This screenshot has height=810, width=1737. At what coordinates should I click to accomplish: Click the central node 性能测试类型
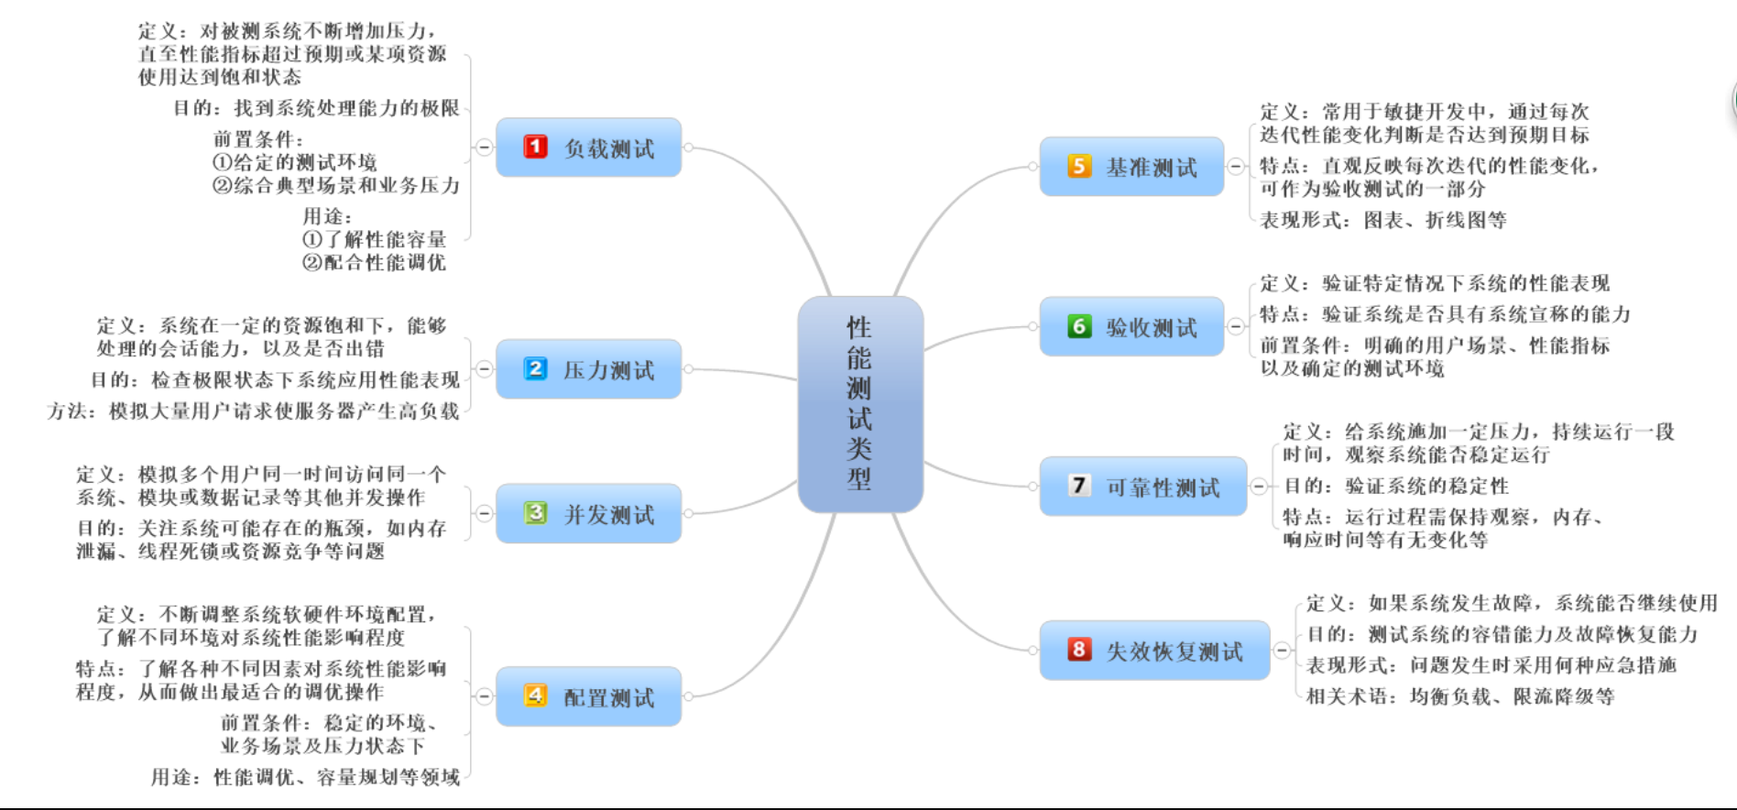pyautogui.click(x=859, y=403)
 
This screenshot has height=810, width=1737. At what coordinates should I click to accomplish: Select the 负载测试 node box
pyautogui.click(x=588, y=148)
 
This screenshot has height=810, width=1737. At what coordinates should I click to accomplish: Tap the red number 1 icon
pyautogui.click(x=535, y=147)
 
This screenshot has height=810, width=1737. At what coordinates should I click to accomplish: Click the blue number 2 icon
pyautogui.click(x=535, y=369)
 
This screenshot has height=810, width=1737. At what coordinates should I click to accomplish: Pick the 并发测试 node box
pyautogui.click(x=588, y=514)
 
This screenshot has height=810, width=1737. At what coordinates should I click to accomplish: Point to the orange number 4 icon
pyautogui.click(x=535, y=695)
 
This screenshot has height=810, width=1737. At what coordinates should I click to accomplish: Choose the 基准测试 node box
pyautogui.click(x=1131, y=167)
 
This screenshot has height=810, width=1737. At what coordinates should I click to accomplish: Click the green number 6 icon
pyautogui.click(x=1079, y=326)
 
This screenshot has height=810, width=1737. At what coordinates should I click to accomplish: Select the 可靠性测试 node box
pyautogui.click(x=1142, y=487)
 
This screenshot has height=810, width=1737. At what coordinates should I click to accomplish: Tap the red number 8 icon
pyautogui.click(x=1079, y=650)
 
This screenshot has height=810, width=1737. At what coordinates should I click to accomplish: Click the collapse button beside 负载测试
pyautogui.click(x=484, y=148)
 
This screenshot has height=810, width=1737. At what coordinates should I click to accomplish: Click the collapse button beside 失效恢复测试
pyautogui.click(x=1282, y=651)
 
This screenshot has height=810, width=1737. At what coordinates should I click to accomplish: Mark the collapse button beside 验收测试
pyautogui.click(x=1236, y=327)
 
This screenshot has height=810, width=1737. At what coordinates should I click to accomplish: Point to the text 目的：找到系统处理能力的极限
pyautogui.click(x=317, y=108)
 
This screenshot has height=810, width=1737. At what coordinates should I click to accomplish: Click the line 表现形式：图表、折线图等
pyautogui.click(x=1382, y=220)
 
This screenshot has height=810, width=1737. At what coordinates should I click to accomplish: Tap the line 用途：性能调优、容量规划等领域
pyautogui.click(x=305, y=777)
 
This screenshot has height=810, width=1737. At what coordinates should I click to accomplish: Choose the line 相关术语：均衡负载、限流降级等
pyautogui.click(x=1459, y=696)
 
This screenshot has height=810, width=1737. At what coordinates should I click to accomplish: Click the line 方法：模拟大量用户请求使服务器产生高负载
pyautogui.click(x=253, y=411)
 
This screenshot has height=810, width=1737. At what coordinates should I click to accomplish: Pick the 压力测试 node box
pyautogui.click(x=588, y=369)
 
